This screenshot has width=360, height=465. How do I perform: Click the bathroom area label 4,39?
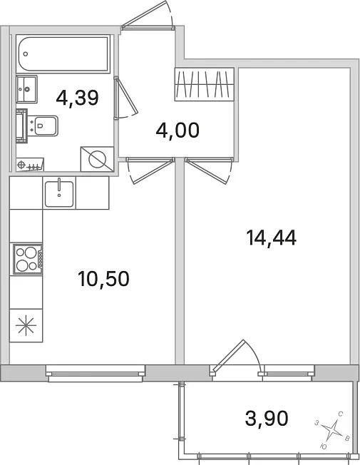[x=77, y=98]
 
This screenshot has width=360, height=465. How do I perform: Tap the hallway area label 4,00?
[x=178, y=131]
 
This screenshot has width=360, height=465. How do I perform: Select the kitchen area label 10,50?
[x=103, y=279]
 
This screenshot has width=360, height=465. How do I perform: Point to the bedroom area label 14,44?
[x=271, y=237]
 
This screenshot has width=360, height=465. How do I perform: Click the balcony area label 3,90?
[x=267, y=418]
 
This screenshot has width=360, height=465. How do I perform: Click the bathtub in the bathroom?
[x=63, y=53]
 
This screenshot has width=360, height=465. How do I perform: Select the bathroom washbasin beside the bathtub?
[x=26, y=89]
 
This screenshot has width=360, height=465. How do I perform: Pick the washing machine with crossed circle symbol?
[x=97, y=159]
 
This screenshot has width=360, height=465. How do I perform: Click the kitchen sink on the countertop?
[x=59, y=194]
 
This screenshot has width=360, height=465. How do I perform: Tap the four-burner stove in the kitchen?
[x=26, y=259]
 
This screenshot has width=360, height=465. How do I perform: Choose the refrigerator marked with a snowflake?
[x=26, y=325]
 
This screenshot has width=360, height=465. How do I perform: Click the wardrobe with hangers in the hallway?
[x=205, y=84]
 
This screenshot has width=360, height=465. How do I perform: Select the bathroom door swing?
[x=125, y=98]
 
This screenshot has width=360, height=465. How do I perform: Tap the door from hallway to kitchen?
[x=150, y=170]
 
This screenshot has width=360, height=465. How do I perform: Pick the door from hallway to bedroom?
[x=208, y=170]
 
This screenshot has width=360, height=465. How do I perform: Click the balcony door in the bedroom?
[x=236, y=358]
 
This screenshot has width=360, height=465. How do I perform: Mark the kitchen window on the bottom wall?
[x=96, y=374]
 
